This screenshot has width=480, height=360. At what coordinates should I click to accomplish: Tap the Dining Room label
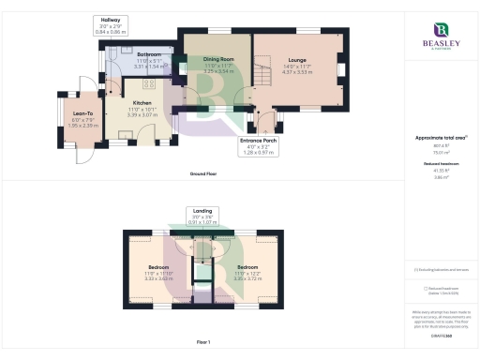217,59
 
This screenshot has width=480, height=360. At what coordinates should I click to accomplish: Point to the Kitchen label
142,104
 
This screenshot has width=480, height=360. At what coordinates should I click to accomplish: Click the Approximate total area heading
440,138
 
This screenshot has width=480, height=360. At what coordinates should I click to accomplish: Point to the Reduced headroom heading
441,166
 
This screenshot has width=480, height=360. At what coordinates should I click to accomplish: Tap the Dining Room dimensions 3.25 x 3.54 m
217,69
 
